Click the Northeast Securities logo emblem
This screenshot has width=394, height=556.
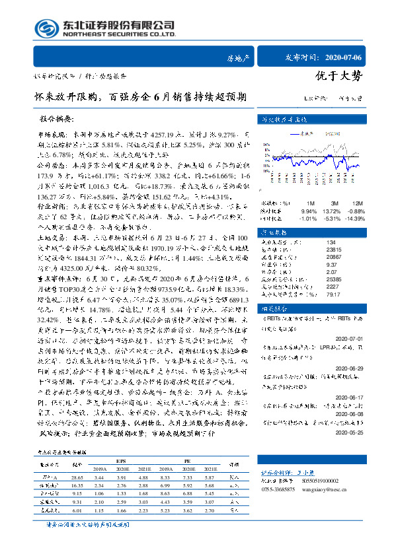[x=45, y=28]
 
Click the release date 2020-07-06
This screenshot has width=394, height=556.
[x=346, y=59]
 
